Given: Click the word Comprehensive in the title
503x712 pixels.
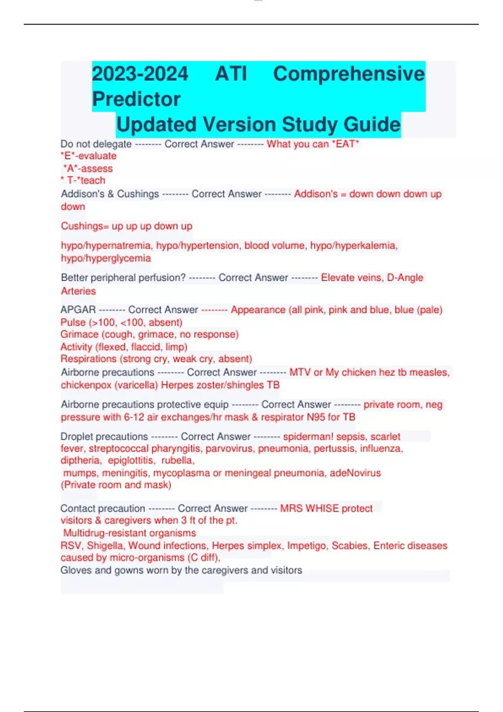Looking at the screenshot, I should coord(349,74).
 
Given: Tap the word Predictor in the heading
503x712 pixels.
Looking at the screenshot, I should coord(136,99).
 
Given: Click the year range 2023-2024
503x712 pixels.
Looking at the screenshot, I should coord(140,74).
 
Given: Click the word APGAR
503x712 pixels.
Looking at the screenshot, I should coord(78,310).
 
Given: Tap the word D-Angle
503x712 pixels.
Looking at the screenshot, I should coord(405,278).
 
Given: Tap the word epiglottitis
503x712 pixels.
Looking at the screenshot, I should coord(131,460).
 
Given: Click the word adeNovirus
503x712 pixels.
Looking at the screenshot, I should coord(355,473).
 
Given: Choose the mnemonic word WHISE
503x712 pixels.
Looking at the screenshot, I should coord(322,508).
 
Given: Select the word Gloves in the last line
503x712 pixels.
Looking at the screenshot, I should coord(74,570).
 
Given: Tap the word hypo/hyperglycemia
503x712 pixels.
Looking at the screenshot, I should coord(106,258).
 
